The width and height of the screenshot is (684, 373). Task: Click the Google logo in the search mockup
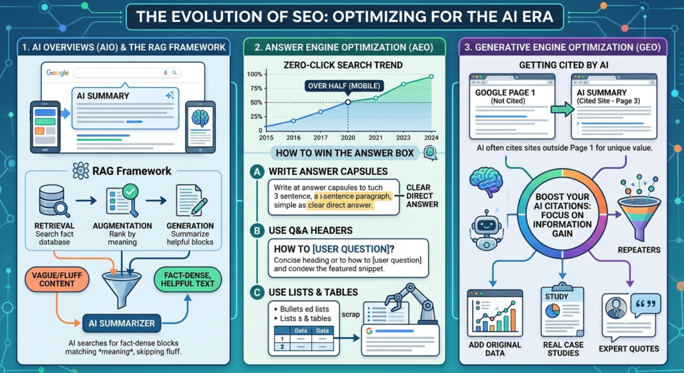coord(57,73)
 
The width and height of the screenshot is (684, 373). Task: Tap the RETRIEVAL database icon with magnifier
coord(53,201)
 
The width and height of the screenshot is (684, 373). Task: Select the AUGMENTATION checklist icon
coord(122,200)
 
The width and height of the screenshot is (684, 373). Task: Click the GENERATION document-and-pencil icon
coord(191,200)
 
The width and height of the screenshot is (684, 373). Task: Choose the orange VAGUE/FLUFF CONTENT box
coord(57,280)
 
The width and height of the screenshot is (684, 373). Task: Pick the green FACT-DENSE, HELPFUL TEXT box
coord(188,280)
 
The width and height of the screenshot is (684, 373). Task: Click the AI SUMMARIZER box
coord(122,324)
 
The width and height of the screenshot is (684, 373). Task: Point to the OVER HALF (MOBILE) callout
coord(344,86)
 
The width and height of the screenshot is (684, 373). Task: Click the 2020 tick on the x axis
coord(347,137)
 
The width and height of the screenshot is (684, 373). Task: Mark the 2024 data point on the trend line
coord(431,77)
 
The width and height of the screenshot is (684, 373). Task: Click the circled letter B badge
coord(257,230)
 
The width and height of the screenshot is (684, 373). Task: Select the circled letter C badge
coord(257,292)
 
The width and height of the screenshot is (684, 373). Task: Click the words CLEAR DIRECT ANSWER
coord(422,196)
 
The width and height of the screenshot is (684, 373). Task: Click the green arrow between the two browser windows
coord(562,109)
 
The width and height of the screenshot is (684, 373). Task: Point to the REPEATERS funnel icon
coord(639,208)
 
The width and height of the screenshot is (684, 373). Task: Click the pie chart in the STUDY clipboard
coord(552,311)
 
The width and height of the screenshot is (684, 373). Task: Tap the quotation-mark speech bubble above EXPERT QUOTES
coord(646,304)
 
